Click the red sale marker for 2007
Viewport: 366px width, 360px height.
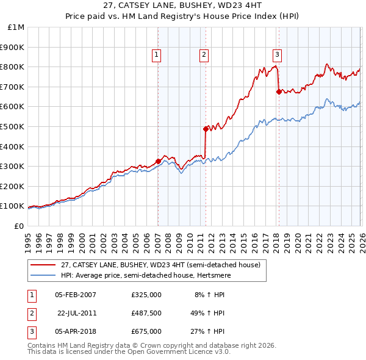(158, 161)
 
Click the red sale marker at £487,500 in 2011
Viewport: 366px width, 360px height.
(206, 129)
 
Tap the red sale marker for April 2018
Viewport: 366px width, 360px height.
(279, 92)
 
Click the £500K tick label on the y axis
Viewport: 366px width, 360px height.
(12, 126)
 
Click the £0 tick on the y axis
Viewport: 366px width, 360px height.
(19, 226)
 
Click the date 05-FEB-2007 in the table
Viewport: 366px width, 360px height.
(76, 295)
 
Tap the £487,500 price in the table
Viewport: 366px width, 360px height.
(146, 313)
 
